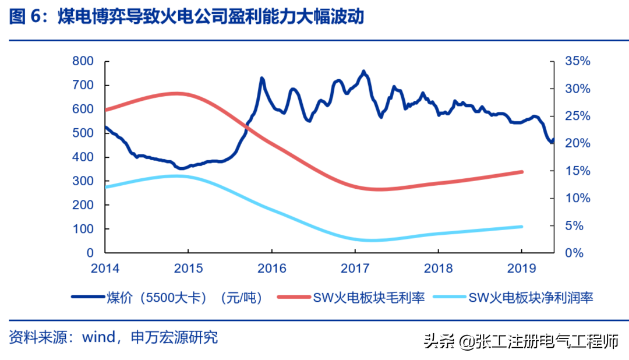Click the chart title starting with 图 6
[x=186, y=17]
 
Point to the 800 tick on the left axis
[x=83, y=61]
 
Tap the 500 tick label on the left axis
[x=83, y=133]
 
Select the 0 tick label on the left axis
[x=90, y=253]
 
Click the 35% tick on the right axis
[x=578, y=61]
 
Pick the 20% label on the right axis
[x=578, y=143]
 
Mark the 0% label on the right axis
[x=574, y=253]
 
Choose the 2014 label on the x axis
[x=105, y=268]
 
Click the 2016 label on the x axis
[x=271, y=268]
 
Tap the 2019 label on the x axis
[x=521, y=268]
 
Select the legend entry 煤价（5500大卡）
[x=167, y=298]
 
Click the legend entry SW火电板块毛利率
[x=351, y=298]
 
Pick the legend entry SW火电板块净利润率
[x=513, y=298]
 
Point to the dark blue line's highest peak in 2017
[x=364, y=72]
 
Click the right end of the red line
[x=522, y=172]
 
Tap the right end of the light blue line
[x=522, y=227]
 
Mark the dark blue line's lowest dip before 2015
[x=181, y=168]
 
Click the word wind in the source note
[x=98, y=337]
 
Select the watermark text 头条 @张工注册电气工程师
[x=521, y=341]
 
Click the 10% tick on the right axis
[x=578, y=198]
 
